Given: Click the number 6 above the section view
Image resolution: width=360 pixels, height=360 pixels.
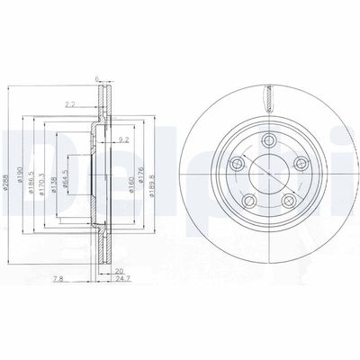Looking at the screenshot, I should coord(97,79).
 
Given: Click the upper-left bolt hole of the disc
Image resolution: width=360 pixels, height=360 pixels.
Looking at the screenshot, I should coord(235,164).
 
